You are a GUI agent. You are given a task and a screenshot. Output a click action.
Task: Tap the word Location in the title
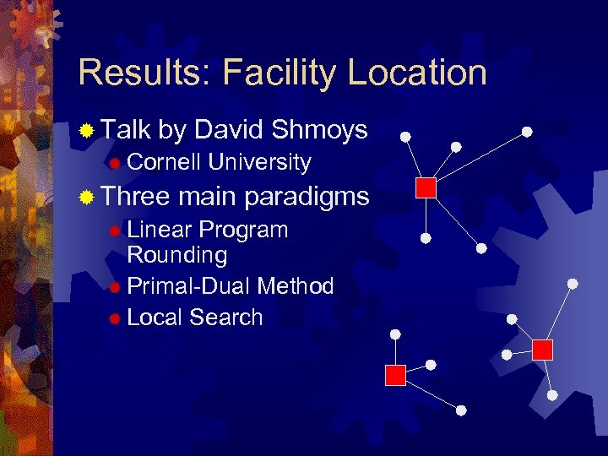417,73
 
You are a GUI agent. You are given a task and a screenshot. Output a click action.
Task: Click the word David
230,130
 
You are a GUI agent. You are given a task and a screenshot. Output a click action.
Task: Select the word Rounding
176,255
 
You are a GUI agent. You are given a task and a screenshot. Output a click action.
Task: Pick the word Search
226,318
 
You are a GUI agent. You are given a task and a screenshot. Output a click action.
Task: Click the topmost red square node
426,187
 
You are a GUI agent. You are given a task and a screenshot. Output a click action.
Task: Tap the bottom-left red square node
395,375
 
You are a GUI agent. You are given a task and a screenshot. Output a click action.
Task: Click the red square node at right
542,350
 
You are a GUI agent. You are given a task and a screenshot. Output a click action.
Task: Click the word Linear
159,230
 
